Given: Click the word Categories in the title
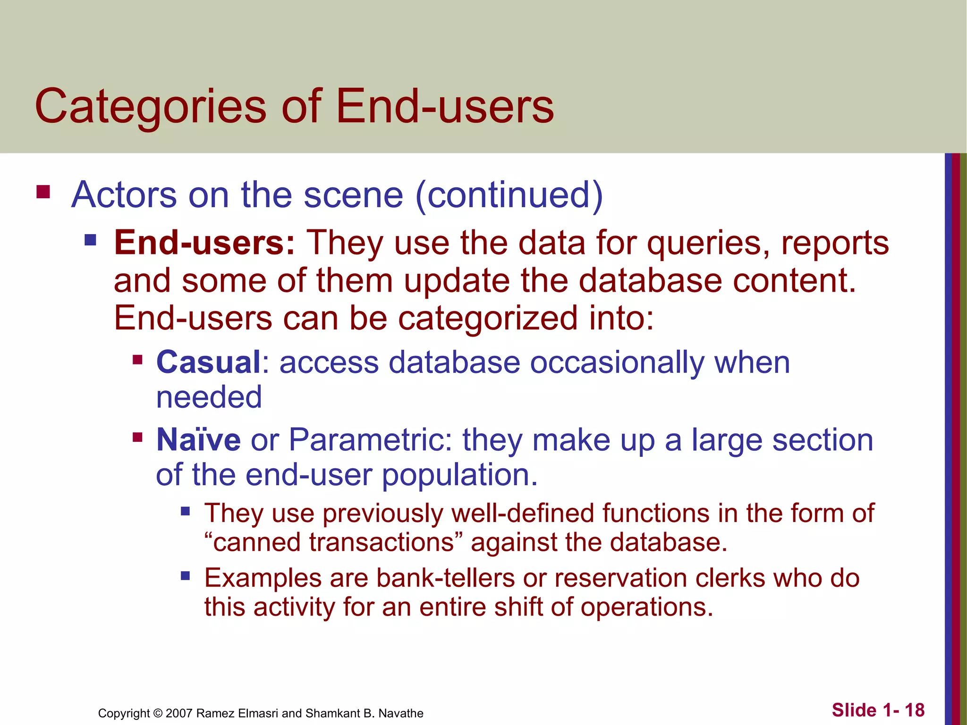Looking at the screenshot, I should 150,107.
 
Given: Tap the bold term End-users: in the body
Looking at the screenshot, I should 204,243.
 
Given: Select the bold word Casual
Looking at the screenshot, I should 208,362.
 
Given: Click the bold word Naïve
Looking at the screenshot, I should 198,440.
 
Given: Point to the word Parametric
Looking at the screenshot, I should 366,440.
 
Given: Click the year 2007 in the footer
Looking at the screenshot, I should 178,713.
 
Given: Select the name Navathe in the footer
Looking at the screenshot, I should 401,713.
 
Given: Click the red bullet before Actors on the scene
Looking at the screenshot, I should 43,192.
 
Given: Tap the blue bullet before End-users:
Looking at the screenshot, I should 90,241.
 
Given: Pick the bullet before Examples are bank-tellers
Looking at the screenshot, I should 185,576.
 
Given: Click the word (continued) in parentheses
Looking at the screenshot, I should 509,195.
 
